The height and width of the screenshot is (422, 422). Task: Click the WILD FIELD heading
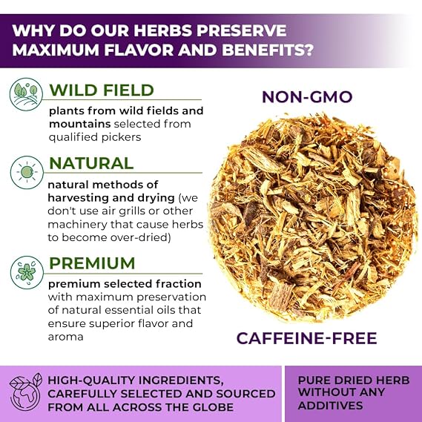[x=102, y=90]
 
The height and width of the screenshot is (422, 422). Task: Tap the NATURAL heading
[x=91, y=163]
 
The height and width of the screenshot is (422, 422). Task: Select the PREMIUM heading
[x=92, y=263]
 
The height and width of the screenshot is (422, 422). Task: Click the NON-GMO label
[x=307, y=97]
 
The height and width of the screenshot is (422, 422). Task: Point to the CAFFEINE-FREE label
[x=306, y=338]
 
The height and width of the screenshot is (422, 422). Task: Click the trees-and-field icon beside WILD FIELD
[x=26, y=94]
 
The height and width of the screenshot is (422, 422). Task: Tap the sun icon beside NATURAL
[x=27, y=172]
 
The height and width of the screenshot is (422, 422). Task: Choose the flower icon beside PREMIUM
[x=27, y=272]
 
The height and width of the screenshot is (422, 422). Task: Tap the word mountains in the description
[x=79, y=124]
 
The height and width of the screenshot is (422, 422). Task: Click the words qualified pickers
[x=95, y=137]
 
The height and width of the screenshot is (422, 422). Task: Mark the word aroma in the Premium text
[x=66, y=337]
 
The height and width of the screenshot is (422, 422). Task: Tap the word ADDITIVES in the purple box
[x=331, y=406]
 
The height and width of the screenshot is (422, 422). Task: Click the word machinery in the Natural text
[x=77, y=225]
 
